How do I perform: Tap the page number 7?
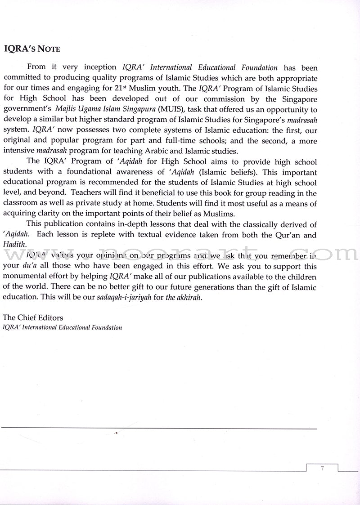click(322, 469)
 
